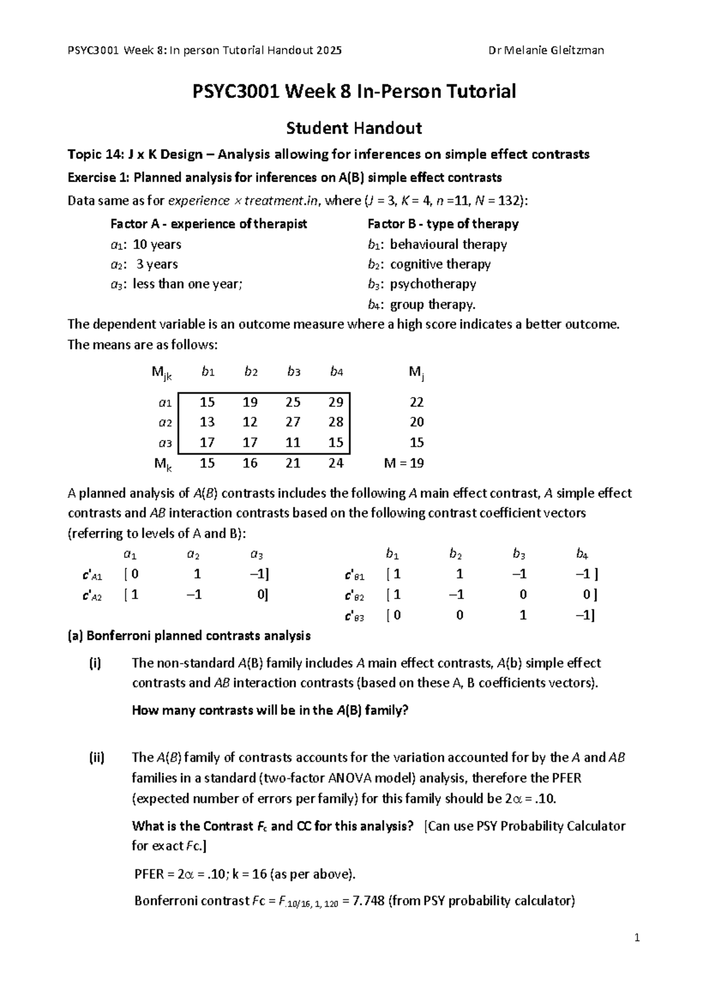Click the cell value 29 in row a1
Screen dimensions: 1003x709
point(336,402)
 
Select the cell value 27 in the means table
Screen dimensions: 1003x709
point(293,422)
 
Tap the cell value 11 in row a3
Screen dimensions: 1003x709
point(293,442)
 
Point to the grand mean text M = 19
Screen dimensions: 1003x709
point(404,463)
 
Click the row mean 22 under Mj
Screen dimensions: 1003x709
point(417,402)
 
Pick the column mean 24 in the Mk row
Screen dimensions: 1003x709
point(336,463)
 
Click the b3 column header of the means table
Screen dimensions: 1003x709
point(294,372)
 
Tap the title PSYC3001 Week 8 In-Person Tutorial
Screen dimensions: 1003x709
point(354,92)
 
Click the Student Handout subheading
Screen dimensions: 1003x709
point(353,128)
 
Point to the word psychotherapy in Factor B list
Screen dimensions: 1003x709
point(433,284)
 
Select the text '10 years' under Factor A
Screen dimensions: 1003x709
point(157,245)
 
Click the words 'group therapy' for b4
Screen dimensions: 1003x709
point(432,305)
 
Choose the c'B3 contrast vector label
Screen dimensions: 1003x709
point(354,616)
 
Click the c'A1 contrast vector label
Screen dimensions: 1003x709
point(92,575)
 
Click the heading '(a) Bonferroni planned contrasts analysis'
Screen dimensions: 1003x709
point(189,636)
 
